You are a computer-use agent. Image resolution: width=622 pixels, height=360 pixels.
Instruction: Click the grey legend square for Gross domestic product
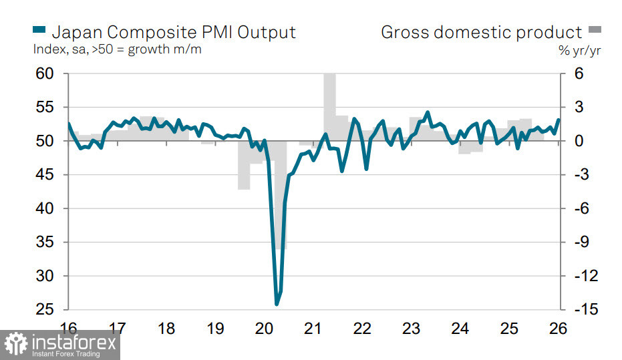tap(595, 30)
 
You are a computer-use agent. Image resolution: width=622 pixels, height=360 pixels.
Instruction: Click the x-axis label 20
tap(264, 329)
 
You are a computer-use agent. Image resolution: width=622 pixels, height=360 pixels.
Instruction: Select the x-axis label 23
tap(411, 329)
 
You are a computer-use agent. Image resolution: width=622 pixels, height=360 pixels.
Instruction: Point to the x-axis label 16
tap(68, 329)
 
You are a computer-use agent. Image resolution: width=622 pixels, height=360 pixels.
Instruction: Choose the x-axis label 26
tap(558, 329)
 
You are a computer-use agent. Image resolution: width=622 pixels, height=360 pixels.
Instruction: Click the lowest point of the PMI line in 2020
tap(277, 305)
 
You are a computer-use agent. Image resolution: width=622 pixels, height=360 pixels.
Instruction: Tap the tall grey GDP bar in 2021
tap(329, 100)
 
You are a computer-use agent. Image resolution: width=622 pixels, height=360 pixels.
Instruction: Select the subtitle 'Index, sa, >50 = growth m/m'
tap(117, 49)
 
